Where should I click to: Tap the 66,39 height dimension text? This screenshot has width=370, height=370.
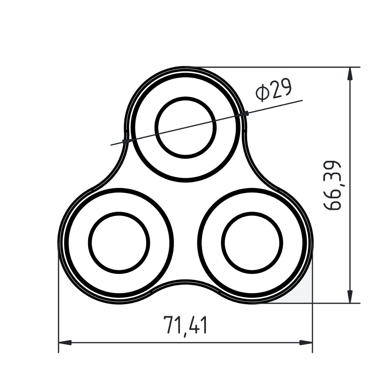tap(332, 185)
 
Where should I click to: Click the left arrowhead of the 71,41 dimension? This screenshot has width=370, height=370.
tap(65, 343)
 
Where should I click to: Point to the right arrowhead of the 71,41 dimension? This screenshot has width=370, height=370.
tap(306, 343)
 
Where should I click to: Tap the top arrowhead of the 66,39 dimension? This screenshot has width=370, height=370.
tap(350, 74)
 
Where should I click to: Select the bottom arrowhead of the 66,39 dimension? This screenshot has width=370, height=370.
tap(350, 296)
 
